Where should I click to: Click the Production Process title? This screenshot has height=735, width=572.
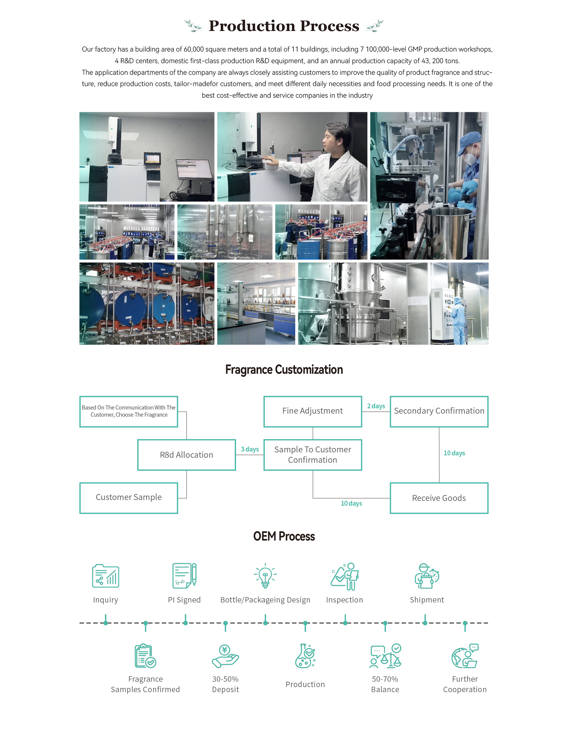click(284, 26)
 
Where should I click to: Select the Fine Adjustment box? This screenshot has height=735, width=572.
click(313, 411)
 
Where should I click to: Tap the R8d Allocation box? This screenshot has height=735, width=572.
click(186, 455)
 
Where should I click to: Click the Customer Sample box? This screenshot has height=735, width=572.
click(129, 497)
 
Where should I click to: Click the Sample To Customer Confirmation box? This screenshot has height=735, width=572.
click(313, 455)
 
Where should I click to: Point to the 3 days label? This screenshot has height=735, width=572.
click(250, 449)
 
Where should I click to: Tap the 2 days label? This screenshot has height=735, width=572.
click(376, 406)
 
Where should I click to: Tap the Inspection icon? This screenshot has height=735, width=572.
click(345, 576)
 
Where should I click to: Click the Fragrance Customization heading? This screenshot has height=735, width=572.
click(284, 370)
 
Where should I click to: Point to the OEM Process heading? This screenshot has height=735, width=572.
click(284, 536)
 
